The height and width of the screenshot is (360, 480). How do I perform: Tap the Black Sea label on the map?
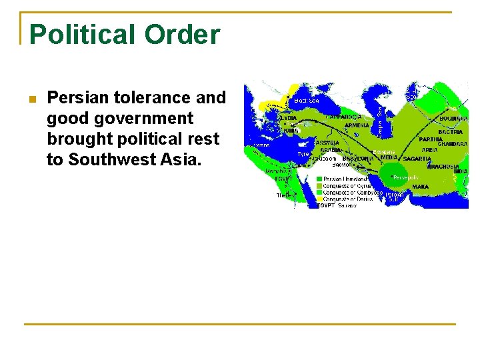(306, 101)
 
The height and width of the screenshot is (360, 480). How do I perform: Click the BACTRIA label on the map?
(450, 133)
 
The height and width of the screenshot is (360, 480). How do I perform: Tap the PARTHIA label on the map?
(430, 139)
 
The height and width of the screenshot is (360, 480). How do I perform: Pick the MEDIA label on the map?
(389, 157)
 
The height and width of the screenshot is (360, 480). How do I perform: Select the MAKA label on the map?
(420, 187)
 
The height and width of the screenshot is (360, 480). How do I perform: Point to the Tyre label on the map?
(303, 154)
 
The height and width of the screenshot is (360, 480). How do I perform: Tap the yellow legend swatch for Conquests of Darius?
(319, 199)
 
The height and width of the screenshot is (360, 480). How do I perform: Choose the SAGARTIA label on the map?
(417, 159)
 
